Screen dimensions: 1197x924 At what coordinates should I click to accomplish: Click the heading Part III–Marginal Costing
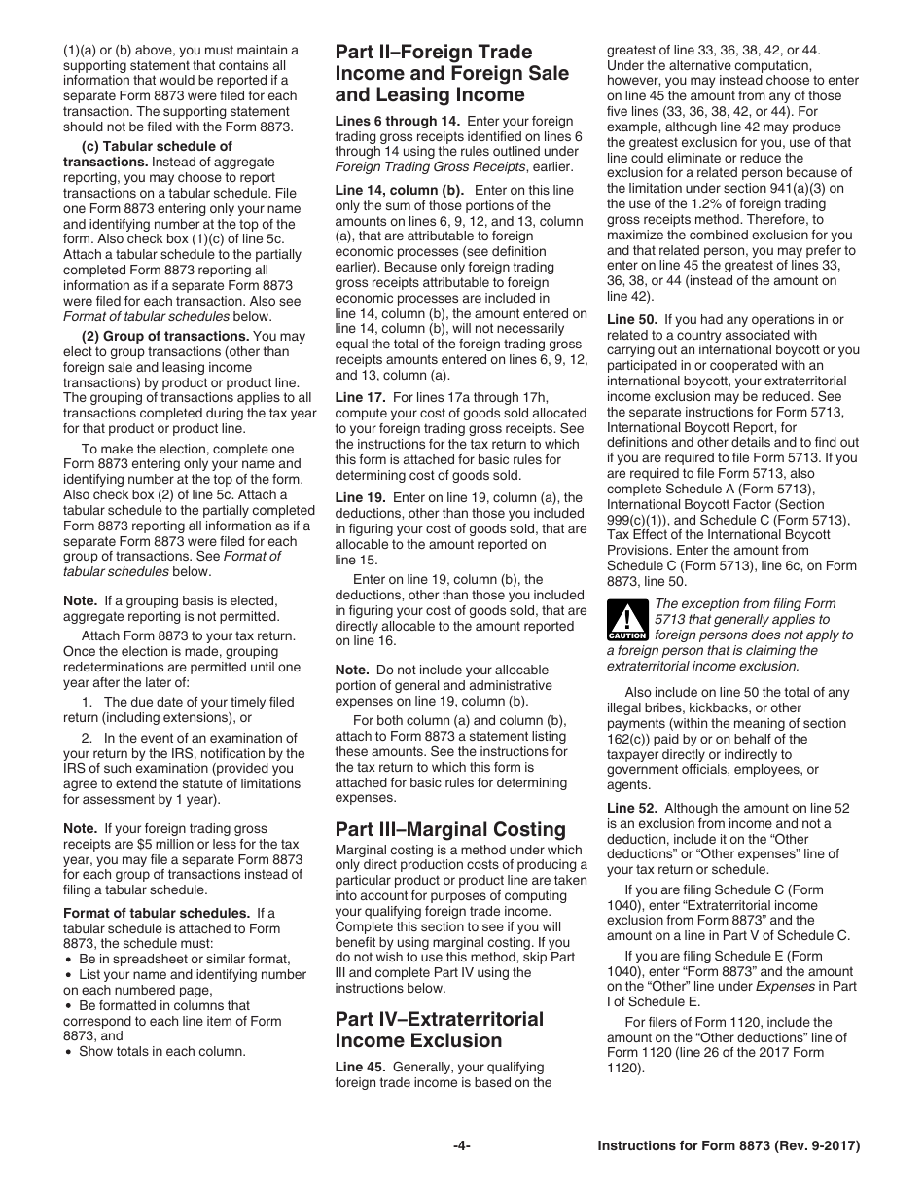pos(449,829)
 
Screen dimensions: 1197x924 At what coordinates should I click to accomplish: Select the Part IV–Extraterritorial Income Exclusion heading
pos(439,1030)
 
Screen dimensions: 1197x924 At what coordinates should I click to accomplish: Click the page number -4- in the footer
pos(462,1146)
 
